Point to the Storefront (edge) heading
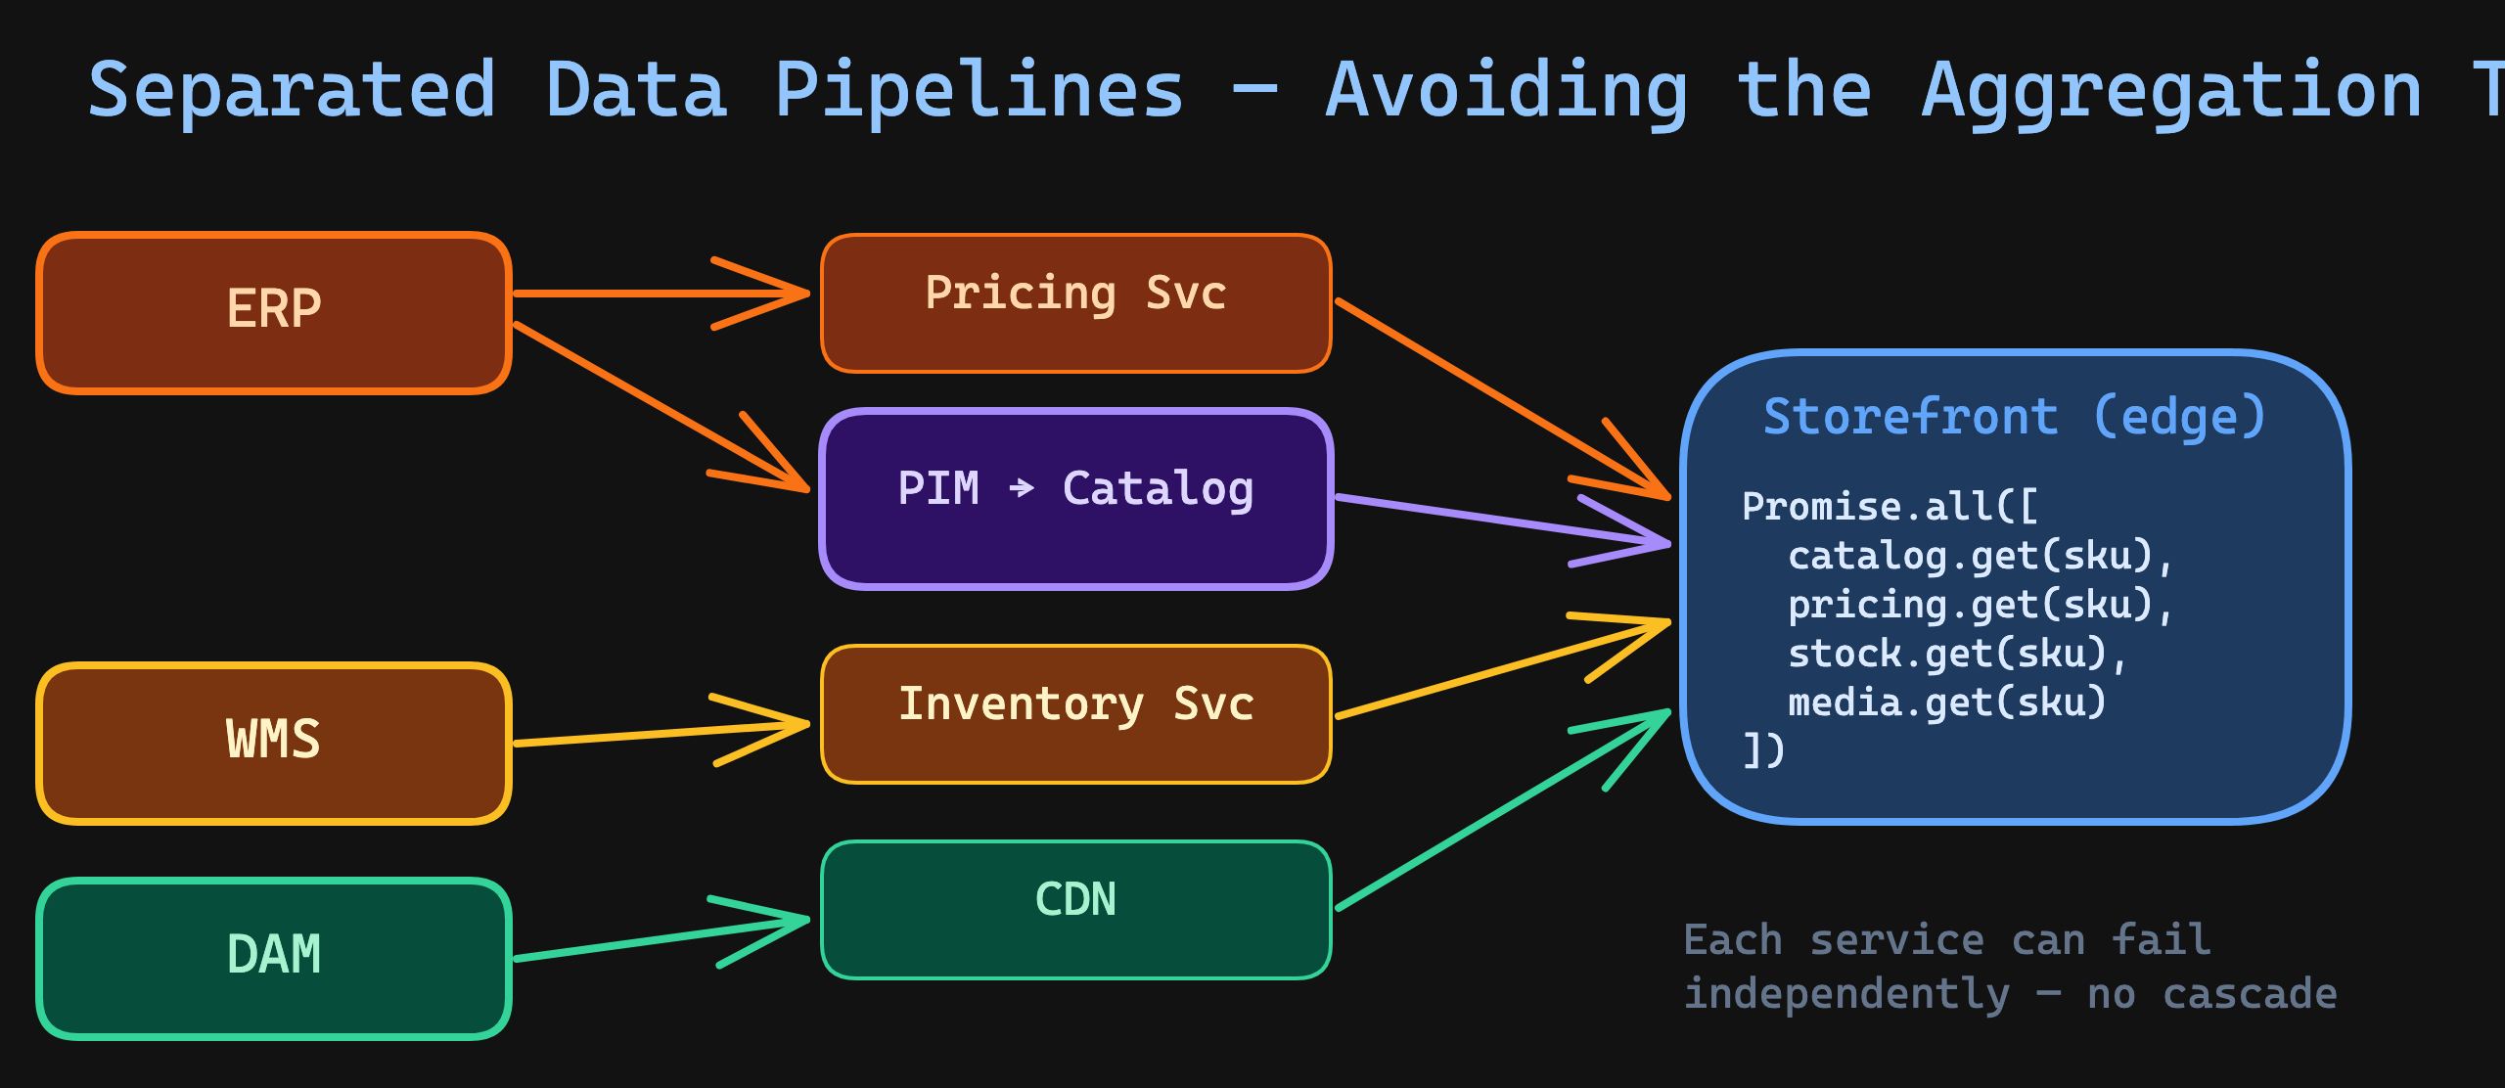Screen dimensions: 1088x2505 coord(2014,418)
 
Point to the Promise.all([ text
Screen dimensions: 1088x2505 coord(1889,507)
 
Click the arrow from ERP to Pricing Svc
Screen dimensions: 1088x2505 coord(646,293)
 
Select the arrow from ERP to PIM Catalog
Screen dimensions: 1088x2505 coord(656,403)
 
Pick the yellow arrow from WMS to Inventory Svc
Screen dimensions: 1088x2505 coord(656,734)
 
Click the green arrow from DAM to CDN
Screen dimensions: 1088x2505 coord(656,939)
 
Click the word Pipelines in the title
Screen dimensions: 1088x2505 coord(979,90)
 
